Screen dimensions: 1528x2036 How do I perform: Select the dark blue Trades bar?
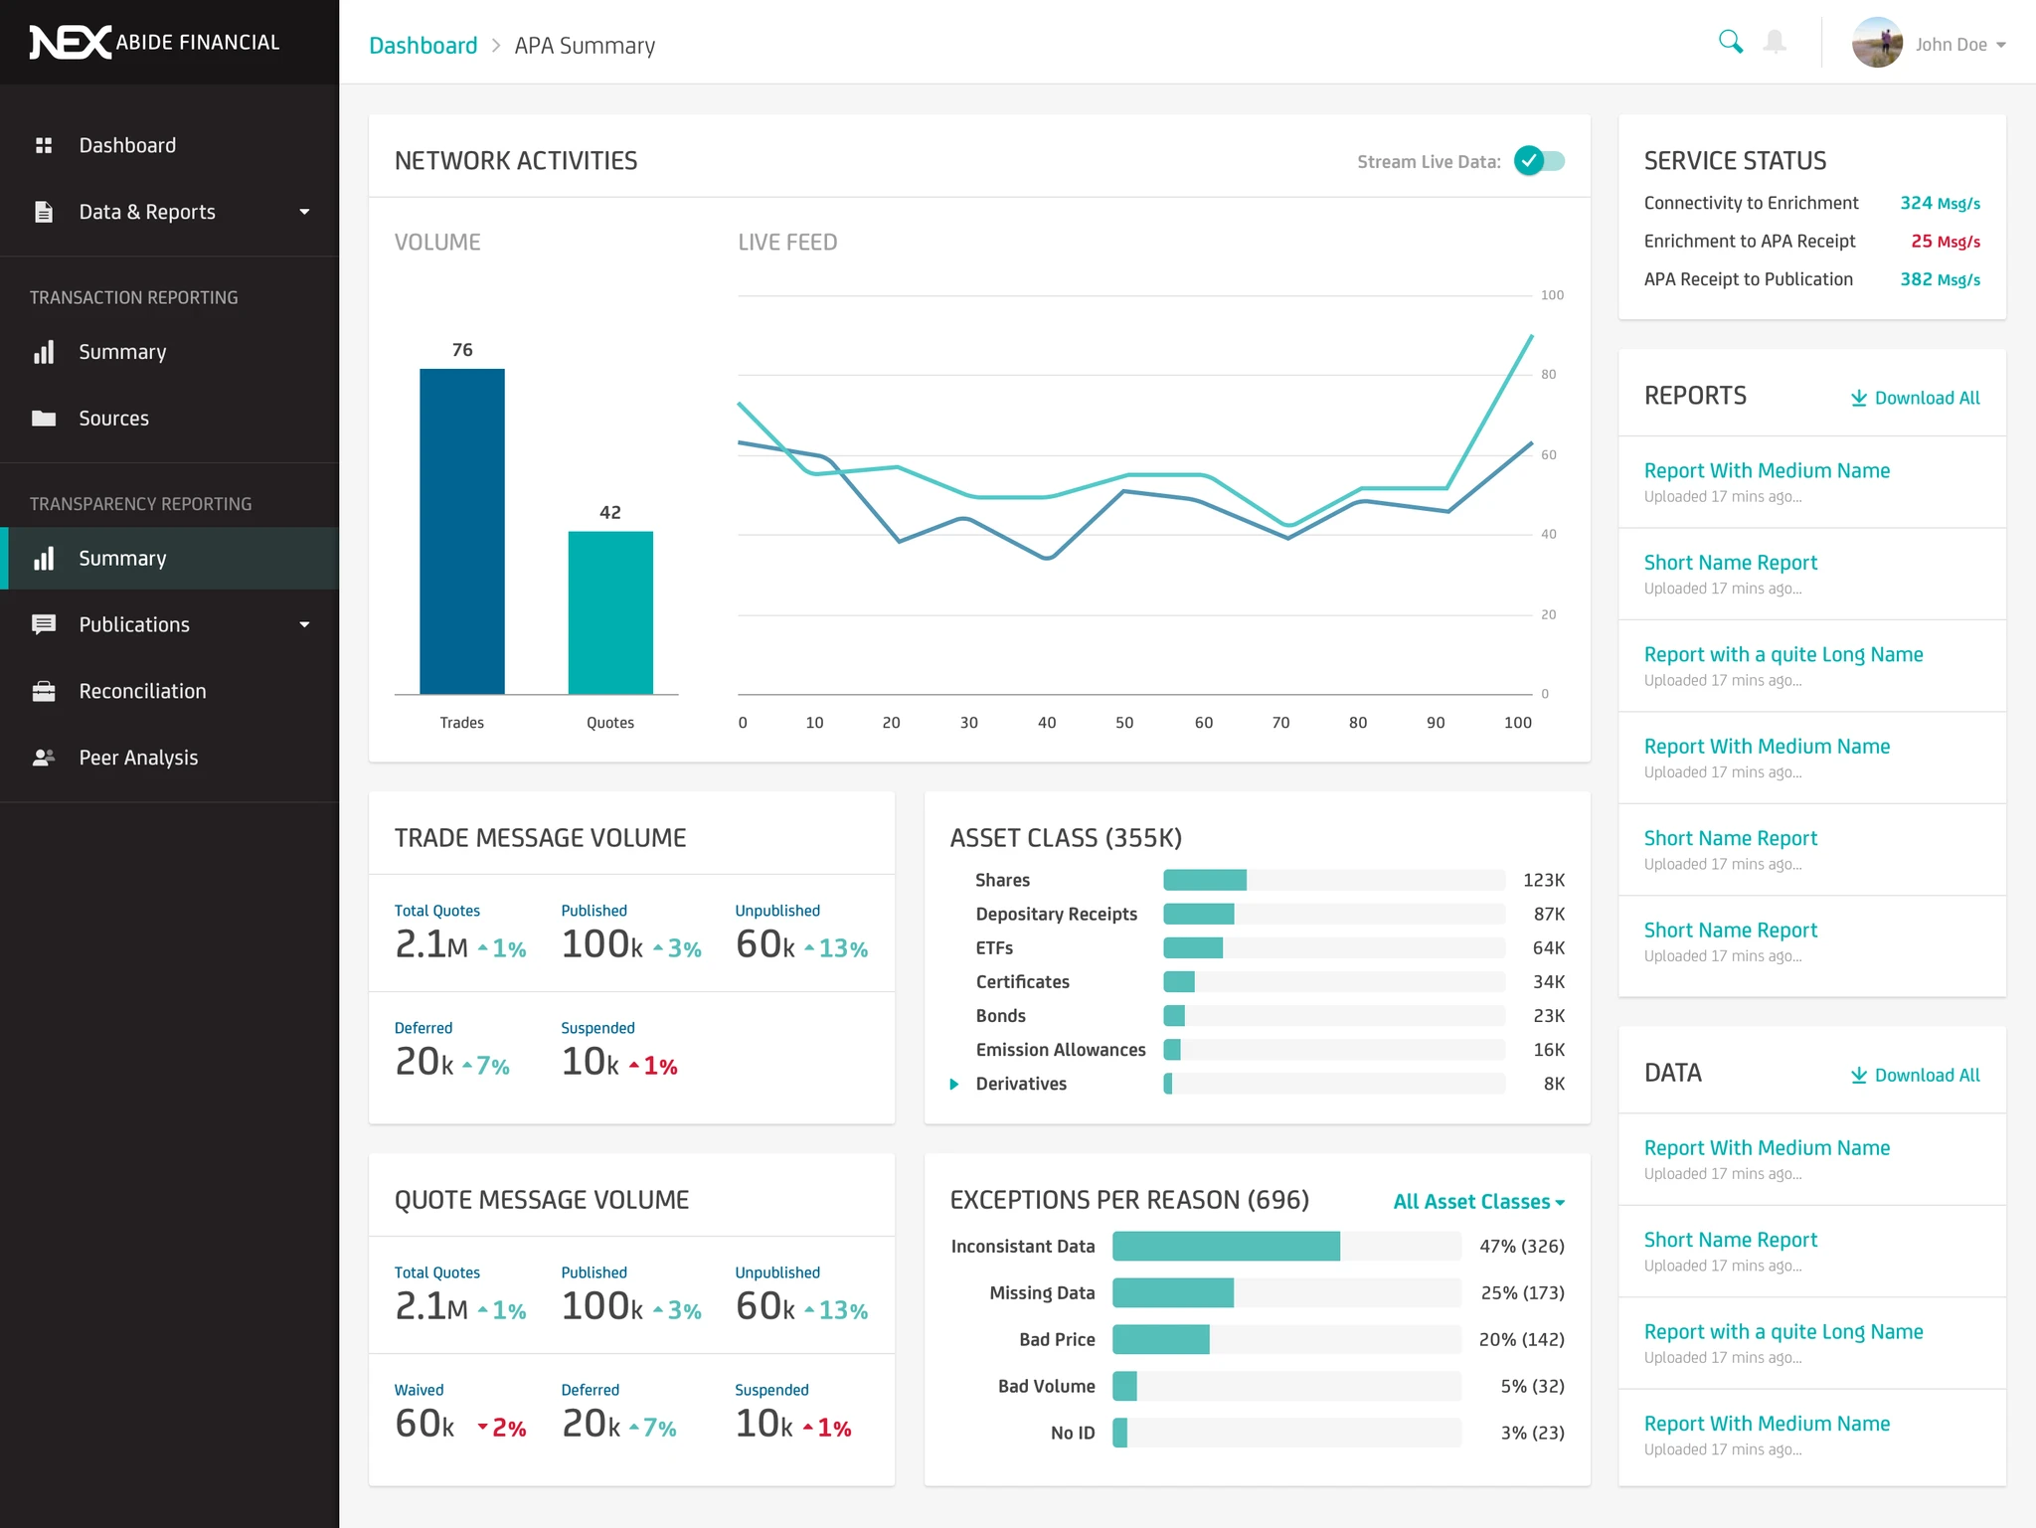[462, 531]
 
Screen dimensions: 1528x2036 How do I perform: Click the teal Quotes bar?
[610, 612]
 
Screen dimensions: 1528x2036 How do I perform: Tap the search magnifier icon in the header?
[1730, 42]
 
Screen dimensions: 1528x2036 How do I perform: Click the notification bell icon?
[1775, 42]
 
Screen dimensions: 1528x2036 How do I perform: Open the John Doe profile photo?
[1876, 44]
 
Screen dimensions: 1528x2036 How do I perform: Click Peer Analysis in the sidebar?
[138, 758]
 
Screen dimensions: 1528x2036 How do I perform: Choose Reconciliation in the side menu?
[142, 691]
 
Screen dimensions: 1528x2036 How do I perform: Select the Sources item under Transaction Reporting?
[113, 419]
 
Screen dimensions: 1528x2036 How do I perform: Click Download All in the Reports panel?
[1915, 398]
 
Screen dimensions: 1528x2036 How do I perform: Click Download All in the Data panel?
[1915, 1075]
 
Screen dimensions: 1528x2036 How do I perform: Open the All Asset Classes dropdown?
[1478, 1201]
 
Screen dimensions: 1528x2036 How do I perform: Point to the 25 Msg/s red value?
[1945, 242]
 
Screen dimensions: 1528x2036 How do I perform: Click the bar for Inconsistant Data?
[1226, 1246]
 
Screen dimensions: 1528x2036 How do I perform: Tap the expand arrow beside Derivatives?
[954, 1084]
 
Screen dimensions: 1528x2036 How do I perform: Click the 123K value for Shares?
[1543, 880]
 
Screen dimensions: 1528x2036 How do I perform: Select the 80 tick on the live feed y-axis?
[1548, 375]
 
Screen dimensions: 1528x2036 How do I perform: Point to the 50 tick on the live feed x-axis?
[1124, 723]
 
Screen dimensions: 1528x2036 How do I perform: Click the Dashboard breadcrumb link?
[423, 46]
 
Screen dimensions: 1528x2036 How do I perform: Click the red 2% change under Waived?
[502, 1428]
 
